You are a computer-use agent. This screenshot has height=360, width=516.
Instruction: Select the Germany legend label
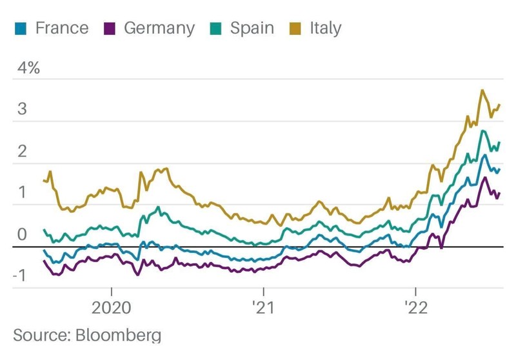point(159,28)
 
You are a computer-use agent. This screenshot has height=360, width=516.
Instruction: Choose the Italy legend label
point(325,28)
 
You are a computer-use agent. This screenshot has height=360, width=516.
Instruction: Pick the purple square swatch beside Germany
point(109,28)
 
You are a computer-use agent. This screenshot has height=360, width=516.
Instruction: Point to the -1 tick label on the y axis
point(19,276)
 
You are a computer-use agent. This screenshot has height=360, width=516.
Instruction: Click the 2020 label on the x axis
point(112,307)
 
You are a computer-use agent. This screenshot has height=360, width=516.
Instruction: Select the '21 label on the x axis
point(262,307)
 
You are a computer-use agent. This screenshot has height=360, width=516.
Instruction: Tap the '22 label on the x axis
point(415,307)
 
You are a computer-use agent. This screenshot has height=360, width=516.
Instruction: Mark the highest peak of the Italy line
point(482,90)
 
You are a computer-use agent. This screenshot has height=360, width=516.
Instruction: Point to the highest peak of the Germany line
point(484,177)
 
